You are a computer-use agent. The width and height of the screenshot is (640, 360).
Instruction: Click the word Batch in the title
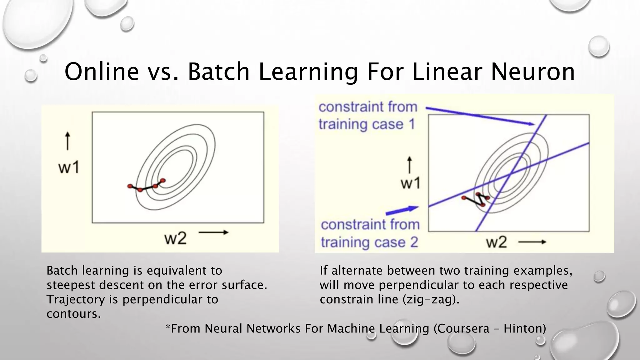point(219,72)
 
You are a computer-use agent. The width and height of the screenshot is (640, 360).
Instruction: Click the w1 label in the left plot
point(69,168)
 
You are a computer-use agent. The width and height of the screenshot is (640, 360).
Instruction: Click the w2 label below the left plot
point(175,239)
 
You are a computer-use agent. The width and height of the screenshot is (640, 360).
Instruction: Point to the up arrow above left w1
point(67,141)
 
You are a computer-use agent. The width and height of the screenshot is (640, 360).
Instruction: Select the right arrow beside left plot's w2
point(213,232)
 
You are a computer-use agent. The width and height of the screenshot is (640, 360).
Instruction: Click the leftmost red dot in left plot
point(130,186)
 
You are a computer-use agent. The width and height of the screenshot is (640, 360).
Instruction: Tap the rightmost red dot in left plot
point(162,180)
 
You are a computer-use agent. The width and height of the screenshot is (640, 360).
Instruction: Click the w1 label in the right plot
point(410,183)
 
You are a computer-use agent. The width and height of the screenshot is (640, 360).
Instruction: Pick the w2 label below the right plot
point(497,242)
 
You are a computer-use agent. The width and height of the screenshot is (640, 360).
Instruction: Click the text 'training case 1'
point(366,124)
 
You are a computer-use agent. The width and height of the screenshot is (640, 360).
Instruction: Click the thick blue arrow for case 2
point(402,210)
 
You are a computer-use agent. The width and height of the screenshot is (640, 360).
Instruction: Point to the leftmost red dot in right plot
point(464,197)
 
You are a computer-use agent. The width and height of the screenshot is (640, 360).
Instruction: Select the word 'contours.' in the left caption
point(74,314)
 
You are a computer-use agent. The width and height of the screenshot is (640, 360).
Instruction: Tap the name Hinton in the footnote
point(525,328)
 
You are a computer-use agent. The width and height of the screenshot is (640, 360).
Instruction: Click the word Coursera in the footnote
point(461,328)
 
